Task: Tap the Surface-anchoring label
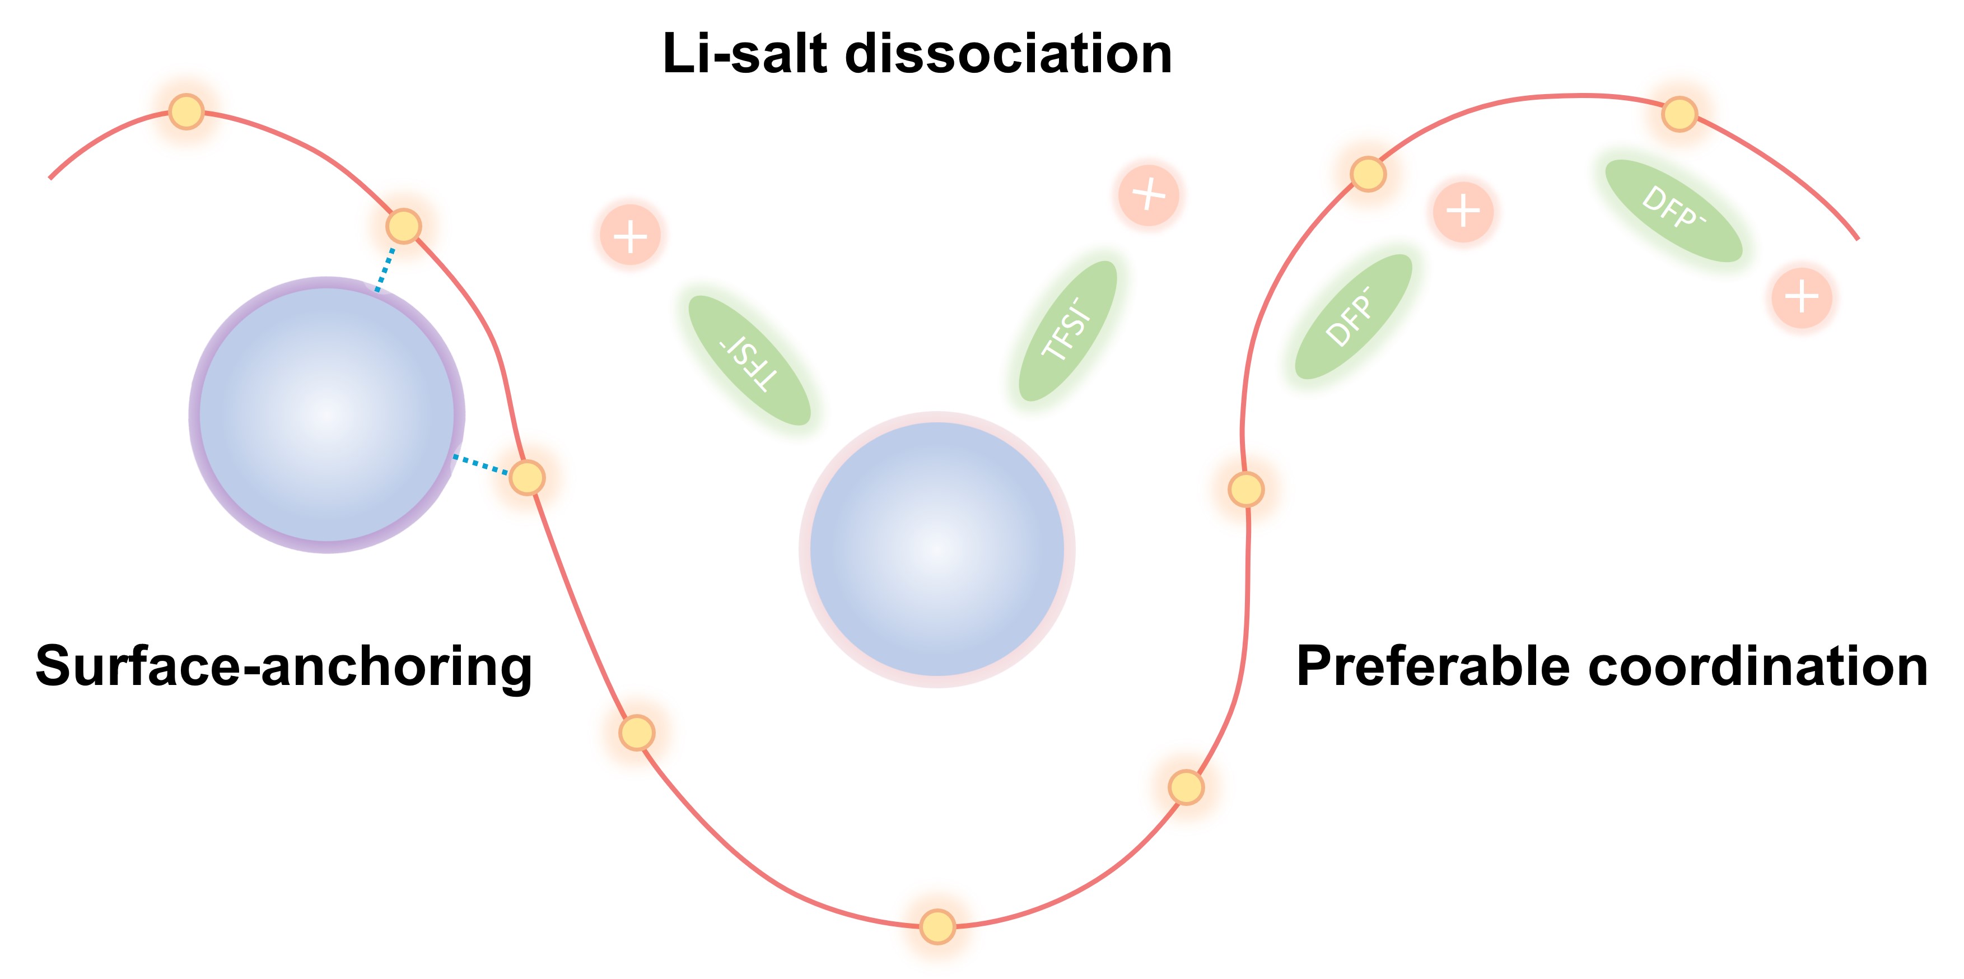(x=283, y=665)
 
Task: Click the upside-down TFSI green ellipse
(x=749, y=360)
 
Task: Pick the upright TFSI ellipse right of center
(x=1067, y=331)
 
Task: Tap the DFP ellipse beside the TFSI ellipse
(x=1354, y=316)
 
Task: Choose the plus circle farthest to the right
(x=1802, y=297)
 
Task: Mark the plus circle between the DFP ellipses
(x=1463, y=211)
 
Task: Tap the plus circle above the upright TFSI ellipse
(x=1149, y=195)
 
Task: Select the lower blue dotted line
(x=481, y=465)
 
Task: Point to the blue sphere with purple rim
(x=327, y=415)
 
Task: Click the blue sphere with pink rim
(x=937, y=549)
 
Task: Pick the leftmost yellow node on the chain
(x=186, y=111)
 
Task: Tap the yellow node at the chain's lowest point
(x=937, y=926)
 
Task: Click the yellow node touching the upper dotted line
(x=403, y=226)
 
